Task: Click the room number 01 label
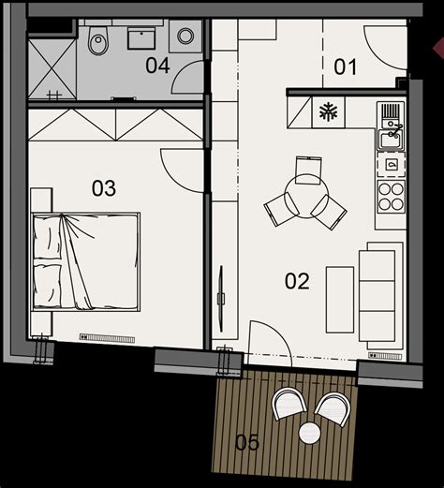pyautogui.click(x=345, y=67)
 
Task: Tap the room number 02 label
pyautogui.click(x=297, y=281)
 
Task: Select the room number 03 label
pyautogui.click(x=104, y=188)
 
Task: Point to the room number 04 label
pyautogui.click(x=157, y=66)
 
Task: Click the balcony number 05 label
pyautogui.click(x=247, y=442)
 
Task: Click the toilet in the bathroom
pyautogui.click(x=98, y=39)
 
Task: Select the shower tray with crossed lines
pyautogui.click(x=52, y=69)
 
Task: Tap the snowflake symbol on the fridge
pyautogui.click(x=329, y=112)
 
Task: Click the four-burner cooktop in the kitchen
pyautogui.click(x=391, y=197)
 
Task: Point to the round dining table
pyautogui.click(x=306, y=196)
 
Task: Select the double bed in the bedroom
pyautogui.click(x=85, y=262)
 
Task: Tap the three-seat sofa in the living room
pyautogui.click(x=381, y=296)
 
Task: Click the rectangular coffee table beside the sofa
pyautogui.click(x=340, y=300)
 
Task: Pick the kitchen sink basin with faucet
pyautogui.click(x=391, y=140)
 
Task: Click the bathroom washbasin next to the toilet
pyautogui.click(x=141, y=38)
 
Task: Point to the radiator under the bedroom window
pyautogui.click(x=107, y=338)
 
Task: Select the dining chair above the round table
pyautogui.click(x=308, y=170)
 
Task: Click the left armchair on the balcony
pyautogui.click(x=289, y=403)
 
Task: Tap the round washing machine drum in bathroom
pyautogui.click(x=185, y=36)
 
